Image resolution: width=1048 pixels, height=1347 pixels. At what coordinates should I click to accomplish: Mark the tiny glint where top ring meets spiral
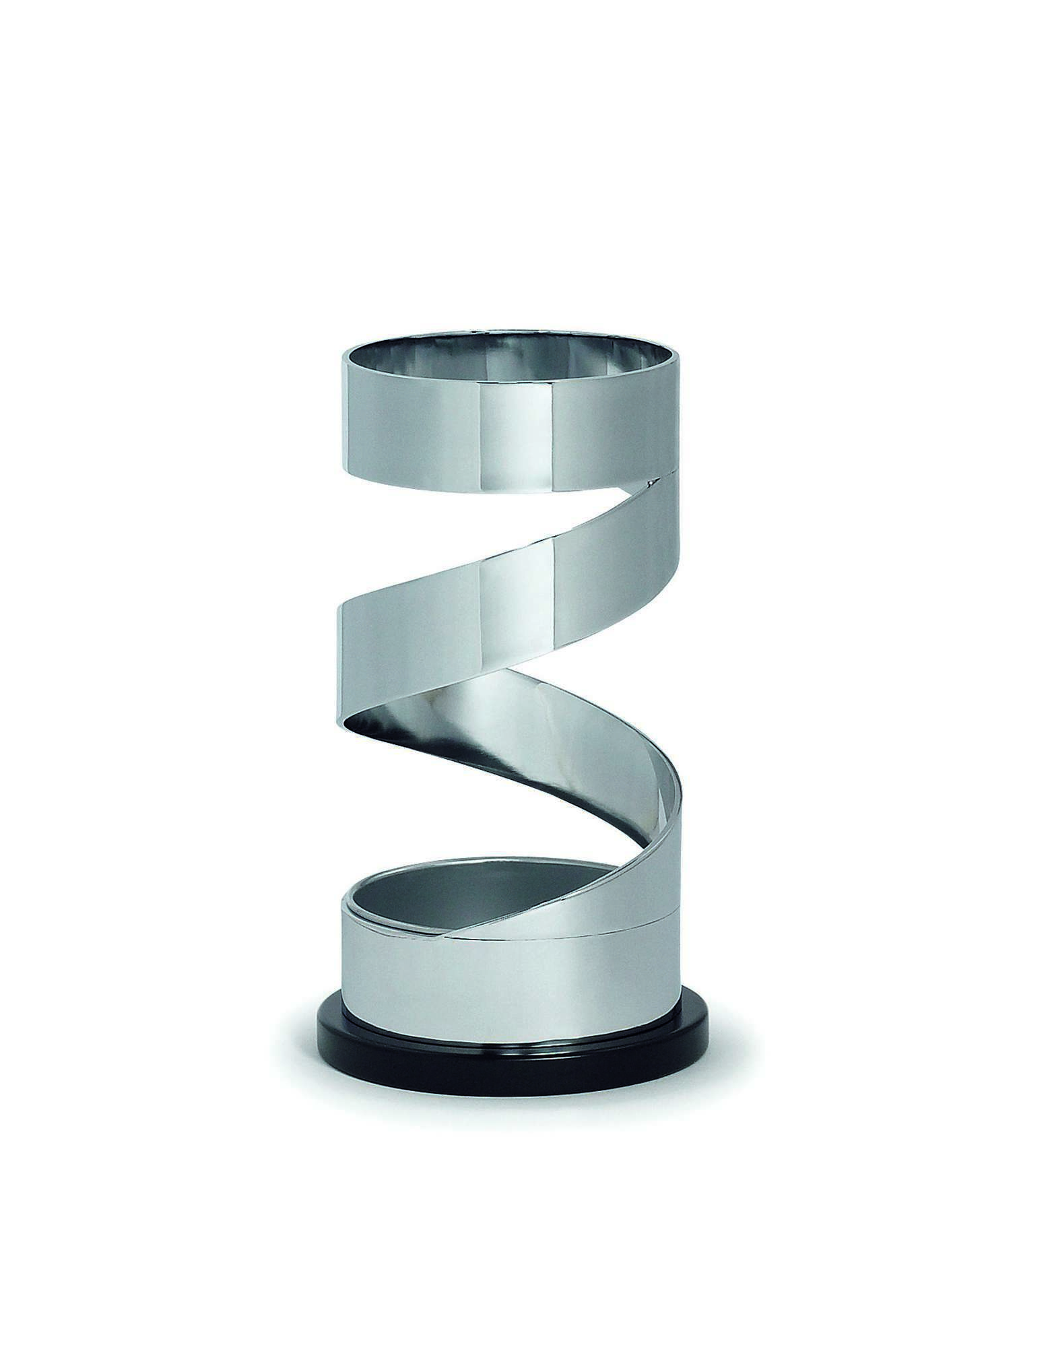tap(652, 482)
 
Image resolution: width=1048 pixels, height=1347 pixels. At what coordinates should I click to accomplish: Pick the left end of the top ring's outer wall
tap(350, 411)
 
